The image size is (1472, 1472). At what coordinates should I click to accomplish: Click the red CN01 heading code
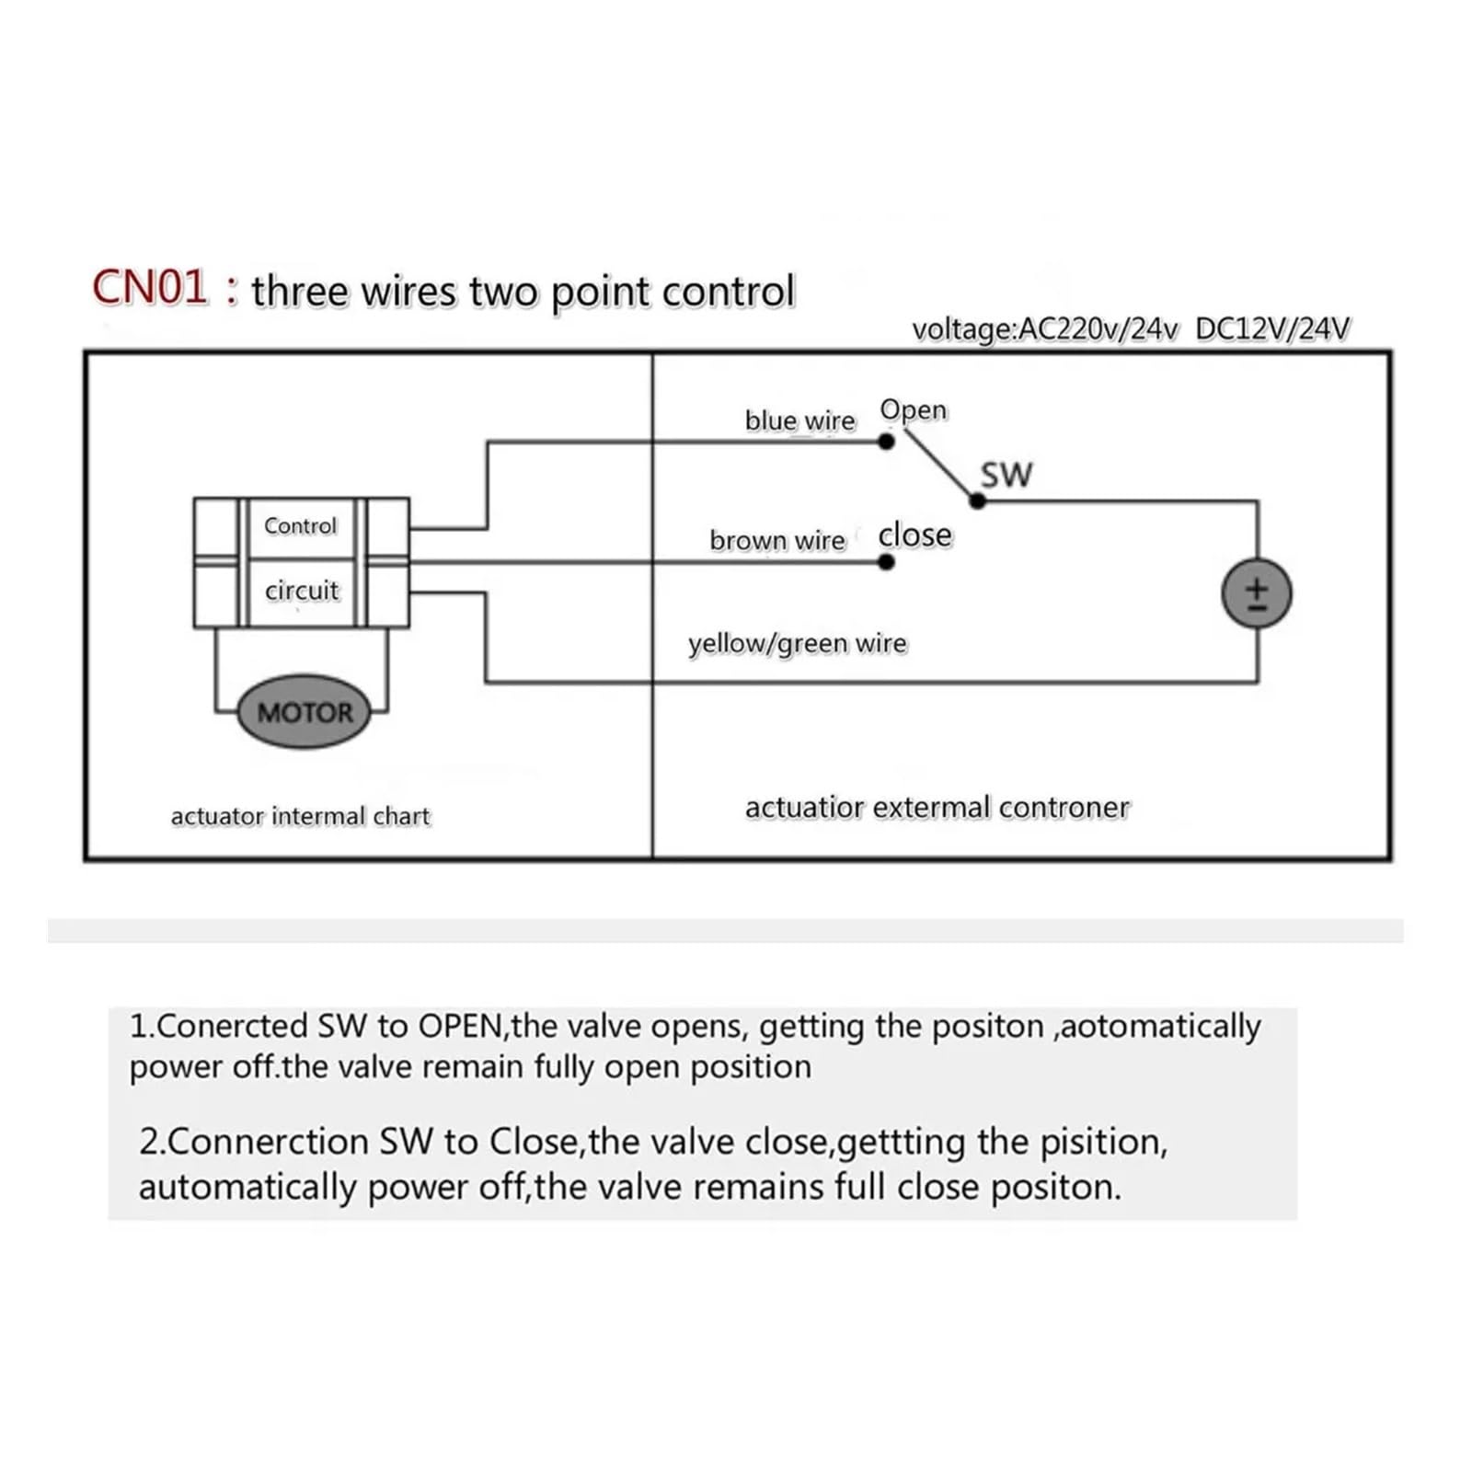tap(150, 288)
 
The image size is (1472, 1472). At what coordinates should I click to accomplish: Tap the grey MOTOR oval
tap(305, 712)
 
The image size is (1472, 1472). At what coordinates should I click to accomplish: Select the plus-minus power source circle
tap(1257, 593)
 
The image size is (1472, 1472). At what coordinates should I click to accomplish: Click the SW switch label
tap(1006, 475)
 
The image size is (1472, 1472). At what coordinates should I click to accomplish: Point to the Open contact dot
tap(886, 442)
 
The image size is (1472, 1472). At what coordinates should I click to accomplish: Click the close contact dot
tap(886, 561)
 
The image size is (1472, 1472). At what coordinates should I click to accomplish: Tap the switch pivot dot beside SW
tap(978, 501)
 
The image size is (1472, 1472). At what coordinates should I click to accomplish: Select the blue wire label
tap(800, 420)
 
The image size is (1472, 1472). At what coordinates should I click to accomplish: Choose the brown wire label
tap(777, 540)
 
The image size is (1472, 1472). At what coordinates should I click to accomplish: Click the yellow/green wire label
tap(798, 643)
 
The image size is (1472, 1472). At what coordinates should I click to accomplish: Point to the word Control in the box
tap(300, 525)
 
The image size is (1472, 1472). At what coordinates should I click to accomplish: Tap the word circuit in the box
tap(302, 590)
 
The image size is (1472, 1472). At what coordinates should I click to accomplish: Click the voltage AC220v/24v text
tap(1045, 329)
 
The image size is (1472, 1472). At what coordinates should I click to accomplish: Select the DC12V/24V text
tap(1273, 329)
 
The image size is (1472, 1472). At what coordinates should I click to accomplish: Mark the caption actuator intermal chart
tap(301, 816)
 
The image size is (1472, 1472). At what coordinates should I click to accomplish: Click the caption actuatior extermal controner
tap(937, 808)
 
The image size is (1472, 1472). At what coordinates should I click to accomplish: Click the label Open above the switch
tap(914, 410)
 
